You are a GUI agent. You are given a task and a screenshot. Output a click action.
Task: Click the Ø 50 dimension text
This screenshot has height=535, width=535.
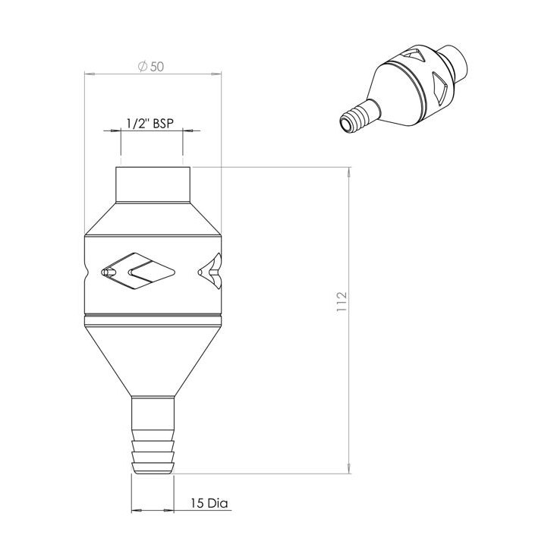coord(151,66)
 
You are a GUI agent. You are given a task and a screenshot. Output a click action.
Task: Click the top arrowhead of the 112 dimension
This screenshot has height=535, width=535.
coord(348,170)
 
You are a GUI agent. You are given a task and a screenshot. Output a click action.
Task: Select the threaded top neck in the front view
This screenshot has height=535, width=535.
coord(152,184)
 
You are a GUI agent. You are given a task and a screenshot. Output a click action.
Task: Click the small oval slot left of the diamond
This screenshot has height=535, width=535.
coord(109,270)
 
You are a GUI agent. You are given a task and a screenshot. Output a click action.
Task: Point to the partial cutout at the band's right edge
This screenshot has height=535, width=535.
coord(212,270)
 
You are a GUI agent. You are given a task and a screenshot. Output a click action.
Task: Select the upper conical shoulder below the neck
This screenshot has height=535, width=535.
coord(152,220)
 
